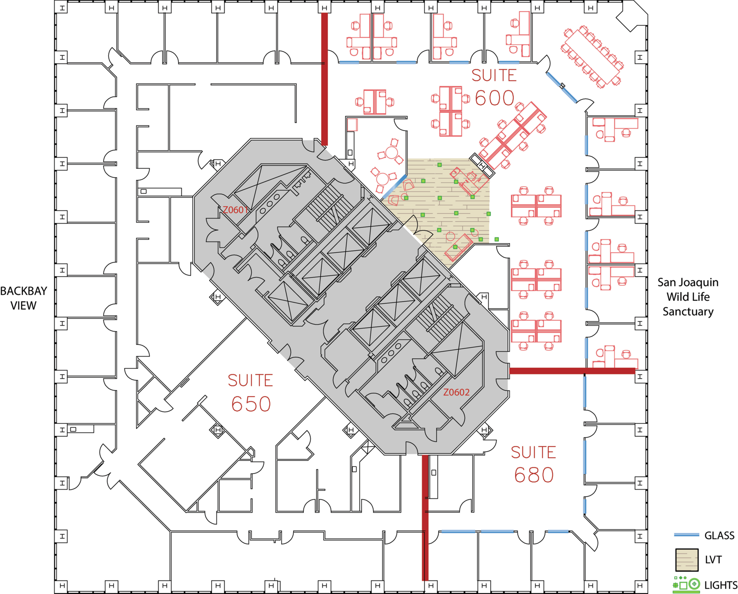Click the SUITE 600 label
click(494, 87)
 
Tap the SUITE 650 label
click(251, 392)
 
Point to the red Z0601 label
click(235, 210)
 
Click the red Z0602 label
click(456, 392)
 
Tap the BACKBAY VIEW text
click(23, 298)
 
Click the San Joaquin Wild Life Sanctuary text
click(688, 297)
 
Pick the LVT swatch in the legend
click(687, 560)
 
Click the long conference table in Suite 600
click(592, 57)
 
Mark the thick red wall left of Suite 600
click(324, 79)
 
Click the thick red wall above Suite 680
click(572, 371)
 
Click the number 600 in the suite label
click(494, 98)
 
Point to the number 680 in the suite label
click(534, 475)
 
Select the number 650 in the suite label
click(251, 404)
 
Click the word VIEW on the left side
click(23, 305)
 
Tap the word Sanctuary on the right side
click(688, 312)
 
